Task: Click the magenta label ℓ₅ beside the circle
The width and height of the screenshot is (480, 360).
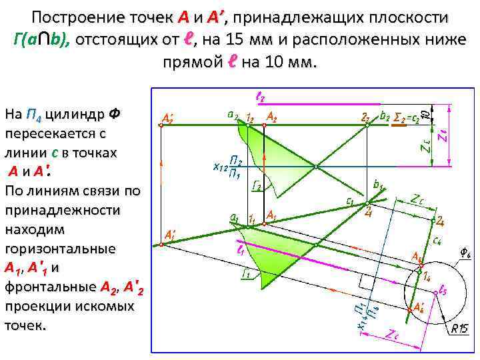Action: coord(443,291)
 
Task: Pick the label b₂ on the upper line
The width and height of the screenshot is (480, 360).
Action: coord(384,115)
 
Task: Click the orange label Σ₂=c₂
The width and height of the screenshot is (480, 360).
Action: coord(407,116)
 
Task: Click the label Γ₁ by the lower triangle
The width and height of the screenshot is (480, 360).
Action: coord(246,273)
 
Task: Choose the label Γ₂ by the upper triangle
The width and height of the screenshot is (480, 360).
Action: coord(256,187)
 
